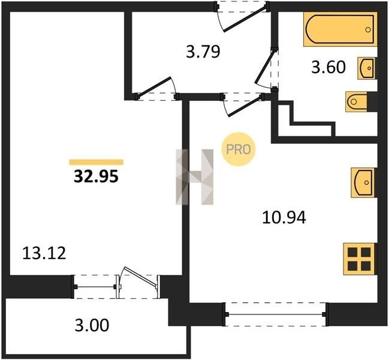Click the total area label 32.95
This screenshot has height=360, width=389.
point(96,177)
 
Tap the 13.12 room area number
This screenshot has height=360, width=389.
point(44,253)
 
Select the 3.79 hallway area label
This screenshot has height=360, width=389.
point(203,52)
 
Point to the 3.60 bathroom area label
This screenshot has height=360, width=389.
point(328,67)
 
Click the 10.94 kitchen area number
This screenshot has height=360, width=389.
point(284,217)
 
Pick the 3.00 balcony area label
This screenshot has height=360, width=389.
point(92,325)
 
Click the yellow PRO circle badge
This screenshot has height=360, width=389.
point(239,149)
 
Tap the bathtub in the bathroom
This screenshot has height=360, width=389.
point(340,29)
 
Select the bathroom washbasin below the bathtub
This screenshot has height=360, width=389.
point(367,68)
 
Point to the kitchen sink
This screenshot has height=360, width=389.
point(363,183)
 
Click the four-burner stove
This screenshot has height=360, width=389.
point(360,259)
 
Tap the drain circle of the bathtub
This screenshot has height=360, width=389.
point(368,30)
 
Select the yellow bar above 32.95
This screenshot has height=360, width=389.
point(97,162)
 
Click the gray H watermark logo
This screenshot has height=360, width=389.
point(194,177)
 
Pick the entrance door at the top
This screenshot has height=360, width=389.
point(242,17)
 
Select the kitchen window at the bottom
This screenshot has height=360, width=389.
point(275,314)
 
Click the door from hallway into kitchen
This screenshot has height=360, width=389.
point(243,104)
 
